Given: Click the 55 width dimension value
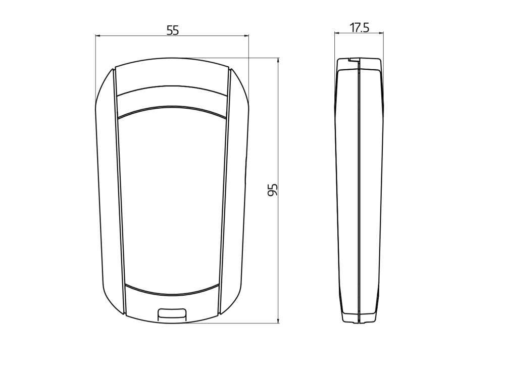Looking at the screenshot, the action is tap(172, 30).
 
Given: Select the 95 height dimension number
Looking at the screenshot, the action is tap(273, 190).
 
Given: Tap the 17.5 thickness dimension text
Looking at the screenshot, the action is tap(360, 28).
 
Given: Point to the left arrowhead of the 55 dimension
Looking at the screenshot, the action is tap(98, 36).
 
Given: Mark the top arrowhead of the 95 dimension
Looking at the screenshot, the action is tap(279, 61).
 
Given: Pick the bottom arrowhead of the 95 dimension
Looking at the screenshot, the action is tap(279, 320).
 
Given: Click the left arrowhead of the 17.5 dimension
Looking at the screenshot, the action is tap(337, 32).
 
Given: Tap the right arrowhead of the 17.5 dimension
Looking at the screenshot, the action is tap(381, 32).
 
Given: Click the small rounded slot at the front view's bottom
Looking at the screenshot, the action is tap(172, 314).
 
